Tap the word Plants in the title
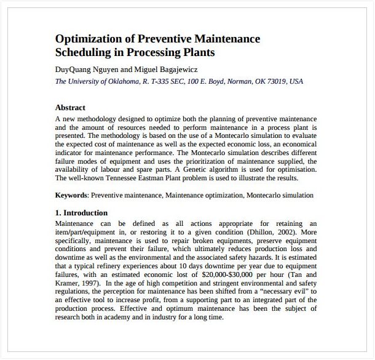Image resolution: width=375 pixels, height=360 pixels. (200, 52)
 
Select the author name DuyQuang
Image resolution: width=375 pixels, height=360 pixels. (74, 70)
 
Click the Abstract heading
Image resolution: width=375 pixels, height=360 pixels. (70, 107)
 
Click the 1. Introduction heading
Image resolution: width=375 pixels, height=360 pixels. (81, 213)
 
